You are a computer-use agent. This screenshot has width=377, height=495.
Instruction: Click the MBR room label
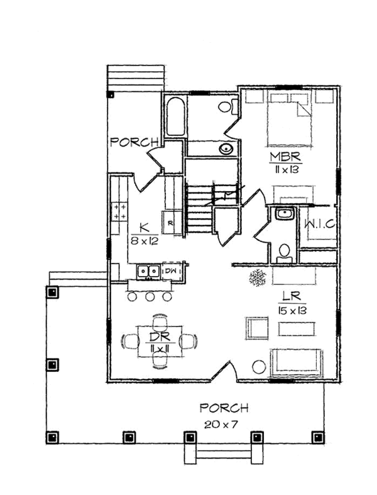[x=286, y=157]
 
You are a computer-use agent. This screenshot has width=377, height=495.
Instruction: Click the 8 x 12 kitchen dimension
[x=145, y=240]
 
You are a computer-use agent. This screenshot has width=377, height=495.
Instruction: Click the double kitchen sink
[x=148, y=271]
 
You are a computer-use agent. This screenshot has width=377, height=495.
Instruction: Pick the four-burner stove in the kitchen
[x=119, y=211]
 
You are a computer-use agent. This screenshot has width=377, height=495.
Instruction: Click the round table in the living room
[x=258, y=366]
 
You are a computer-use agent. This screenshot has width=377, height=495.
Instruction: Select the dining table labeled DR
[x=160, y=342]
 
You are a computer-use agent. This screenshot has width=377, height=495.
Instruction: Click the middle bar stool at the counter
[x=150, y=296]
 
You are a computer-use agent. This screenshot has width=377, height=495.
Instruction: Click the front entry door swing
[x=223, y=372]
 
